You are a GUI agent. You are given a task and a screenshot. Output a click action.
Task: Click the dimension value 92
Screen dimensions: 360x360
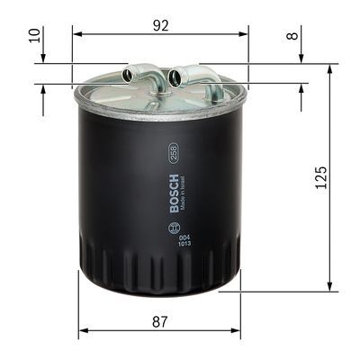(160, 25)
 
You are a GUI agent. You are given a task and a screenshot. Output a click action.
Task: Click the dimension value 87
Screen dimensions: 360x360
(160, 320)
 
